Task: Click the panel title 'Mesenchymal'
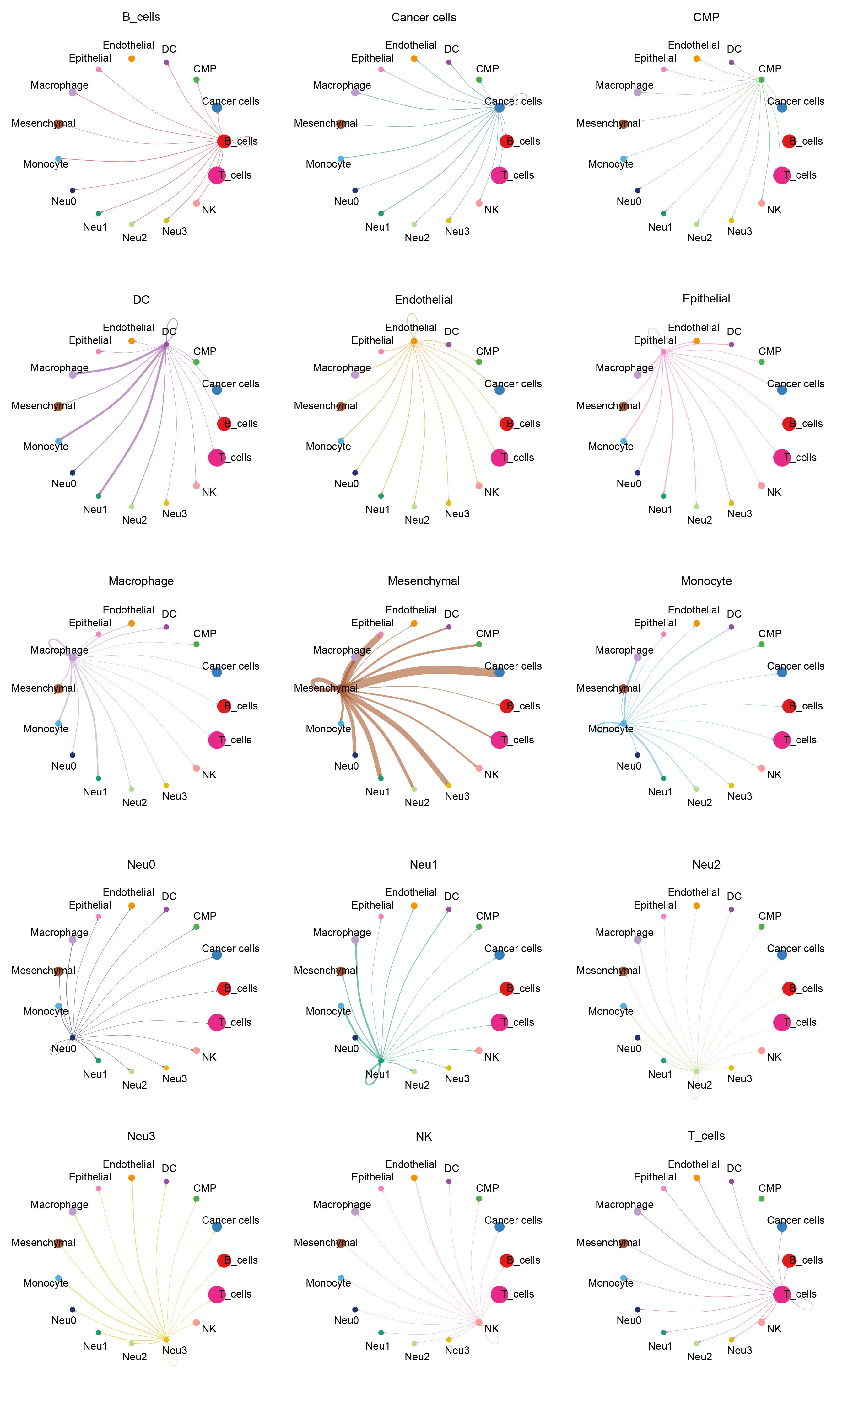pos(424,581)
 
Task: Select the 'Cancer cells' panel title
pos(424,18)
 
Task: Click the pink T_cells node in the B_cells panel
pos(216,175)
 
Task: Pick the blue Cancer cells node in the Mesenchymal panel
pos(499,672)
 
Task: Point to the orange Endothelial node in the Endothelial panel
pos(414,341)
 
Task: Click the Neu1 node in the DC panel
pos(99,495)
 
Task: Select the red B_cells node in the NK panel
pos(506,1260)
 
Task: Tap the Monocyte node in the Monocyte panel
pos(623,723)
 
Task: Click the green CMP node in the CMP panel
pos(761,80)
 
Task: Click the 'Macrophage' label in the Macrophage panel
pos(59,650)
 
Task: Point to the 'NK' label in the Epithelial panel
pos(774,492)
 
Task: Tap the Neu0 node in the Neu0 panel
pos(72,1037)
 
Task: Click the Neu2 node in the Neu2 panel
pos(697,1071)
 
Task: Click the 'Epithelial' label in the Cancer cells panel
pos(372,58)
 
